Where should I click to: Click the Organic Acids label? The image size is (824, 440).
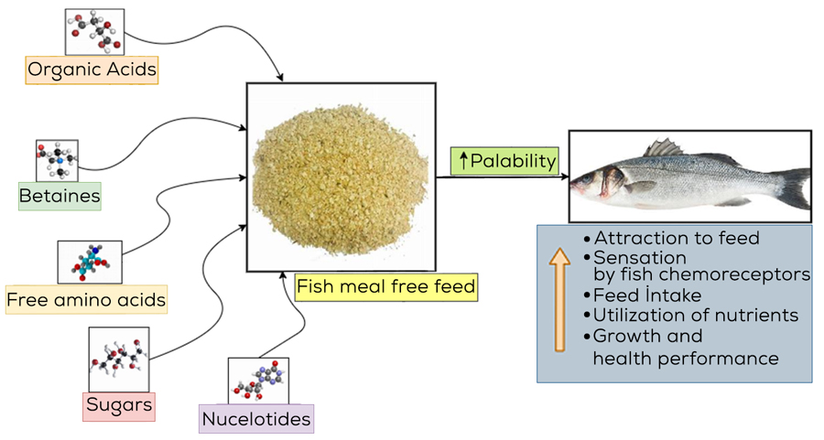click(92, 70)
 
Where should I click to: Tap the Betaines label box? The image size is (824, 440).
click(60, 196)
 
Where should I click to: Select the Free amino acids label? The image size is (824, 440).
click(87, 299)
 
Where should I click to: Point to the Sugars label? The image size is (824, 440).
click(119, 403)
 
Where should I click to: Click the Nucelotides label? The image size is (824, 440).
click(255, 419)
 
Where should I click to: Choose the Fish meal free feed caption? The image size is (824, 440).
click(386, 287)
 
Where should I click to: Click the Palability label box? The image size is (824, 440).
click(506, 162)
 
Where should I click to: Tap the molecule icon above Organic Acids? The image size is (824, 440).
click(94, 32)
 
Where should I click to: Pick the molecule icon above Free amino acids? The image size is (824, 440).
click(89, 263)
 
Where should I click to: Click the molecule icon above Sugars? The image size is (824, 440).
click(118, 360)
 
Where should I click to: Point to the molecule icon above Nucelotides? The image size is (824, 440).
click(257, 381)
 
